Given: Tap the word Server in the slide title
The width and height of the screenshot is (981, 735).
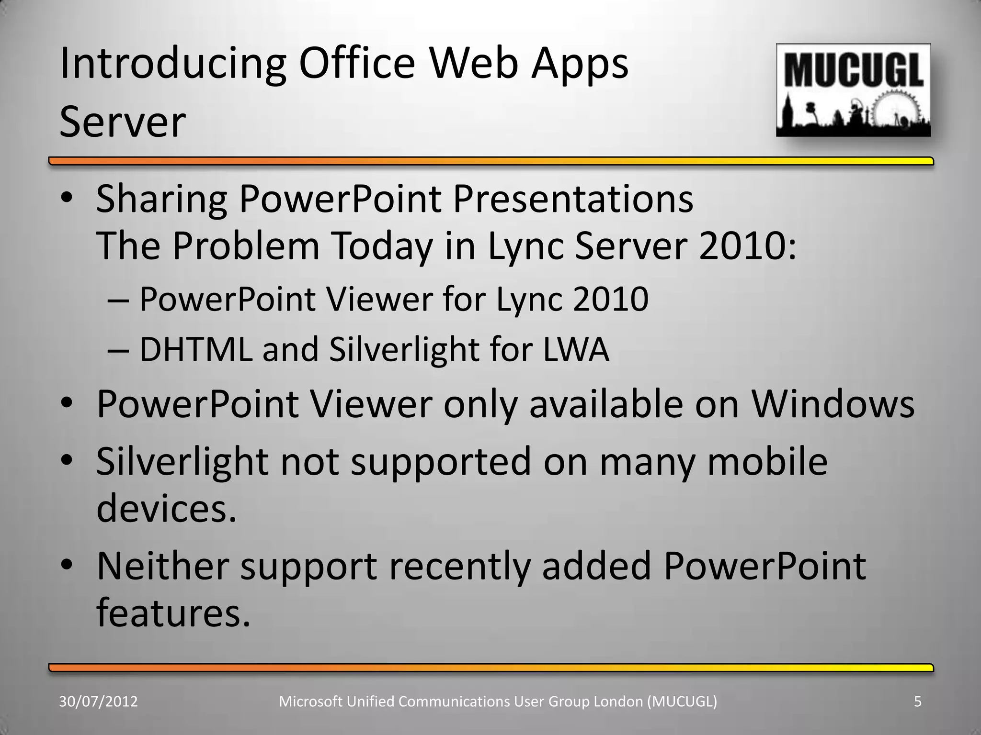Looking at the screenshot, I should tap(123, 122).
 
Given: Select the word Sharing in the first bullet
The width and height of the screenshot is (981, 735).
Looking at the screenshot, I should tap(161, 200).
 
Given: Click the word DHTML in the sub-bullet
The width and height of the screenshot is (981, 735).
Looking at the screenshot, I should tap(195, 349).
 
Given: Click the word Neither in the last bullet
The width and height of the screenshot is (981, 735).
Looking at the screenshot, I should tap(163, 566).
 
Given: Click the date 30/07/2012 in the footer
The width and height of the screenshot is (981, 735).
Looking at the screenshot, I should tap(98, 702).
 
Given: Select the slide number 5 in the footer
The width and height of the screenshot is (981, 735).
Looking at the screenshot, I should tap(918, 702).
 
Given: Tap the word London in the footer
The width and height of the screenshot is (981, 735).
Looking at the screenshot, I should tap(618, 702).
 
